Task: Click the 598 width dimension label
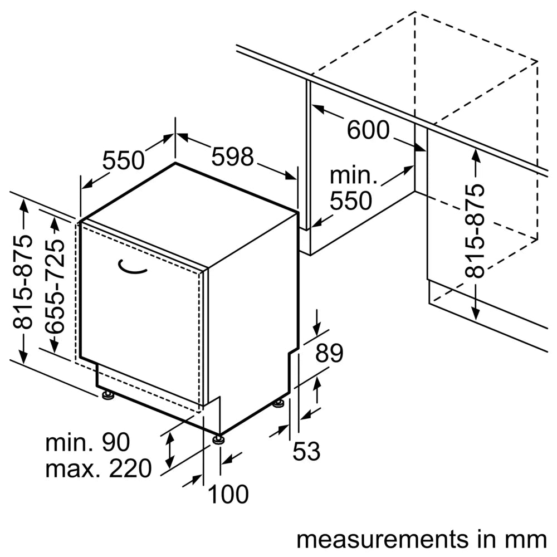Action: (x=232, y=158)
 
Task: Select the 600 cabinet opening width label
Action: (x=368, y=130)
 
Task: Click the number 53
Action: (x=307, y=451)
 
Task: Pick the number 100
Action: (x=228, y=494)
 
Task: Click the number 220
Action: (x=129, y=469)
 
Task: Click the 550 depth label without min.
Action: (x=123, y=161)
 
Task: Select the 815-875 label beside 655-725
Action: (x=24, y=283)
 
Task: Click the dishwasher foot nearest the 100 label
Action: (x=219, y=438)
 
